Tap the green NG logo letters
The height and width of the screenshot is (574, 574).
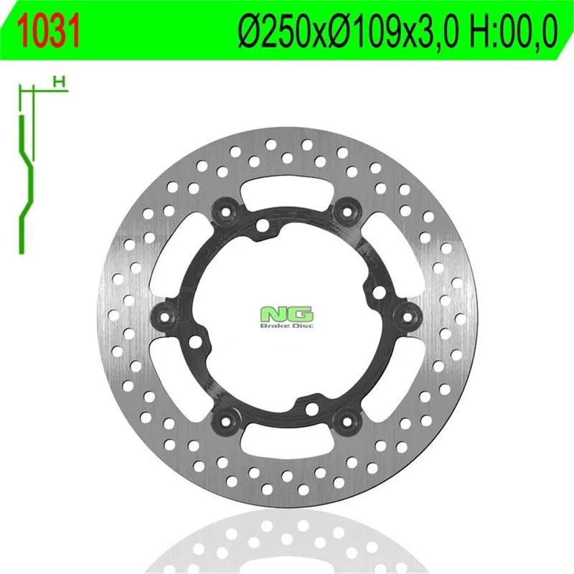tap(286, 314)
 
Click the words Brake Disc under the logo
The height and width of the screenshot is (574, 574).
tap(286, 326)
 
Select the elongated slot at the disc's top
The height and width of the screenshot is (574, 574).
tap(287, 191)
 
